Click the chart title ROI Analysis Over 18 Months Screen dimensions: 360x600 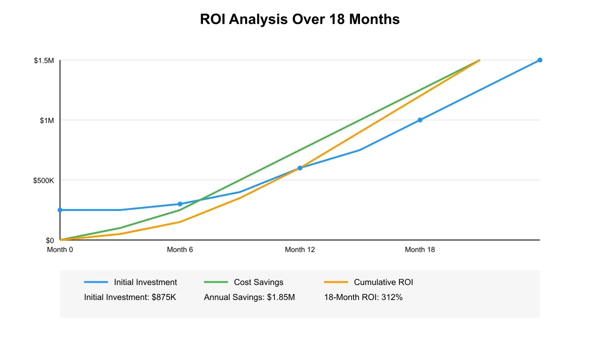[300, 19]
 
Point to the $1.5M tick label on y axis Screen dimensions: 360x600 [44, 60]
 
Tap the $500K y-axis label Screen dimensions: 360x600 [44, 180]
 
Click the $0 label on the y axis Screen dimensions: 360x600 [50, 240]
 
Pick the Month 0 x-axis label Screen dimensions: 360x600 [60, 250]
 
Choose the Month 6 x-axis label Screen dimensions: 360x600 [180, 250]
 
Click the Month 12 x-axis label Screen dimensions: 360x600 [300, 250]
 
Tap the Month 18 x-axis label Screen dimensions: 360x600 [420, 250]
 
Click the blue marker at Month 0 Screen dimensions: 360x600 [60, 210]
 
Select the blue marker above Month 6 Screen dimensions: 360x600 [180, 204]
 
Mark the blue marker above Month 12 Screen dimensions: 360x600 [300, 168]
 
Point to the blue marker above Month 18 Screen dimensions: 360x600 [420, 120]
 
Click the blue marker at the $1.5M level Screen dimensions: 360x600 [540, 60]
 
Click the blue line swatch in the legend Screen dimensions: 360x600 [96, 282]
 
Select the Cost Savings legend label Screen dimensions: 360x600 [258, 282]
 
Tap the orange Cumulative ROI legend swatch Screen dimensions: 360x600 [336, 282]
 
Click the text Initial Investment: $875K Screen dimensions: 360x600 [130, 297]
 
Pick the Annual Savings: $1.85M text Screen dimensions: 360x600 [249, 297]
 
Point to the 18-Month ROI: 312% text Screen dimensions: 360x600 [363, 297]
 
